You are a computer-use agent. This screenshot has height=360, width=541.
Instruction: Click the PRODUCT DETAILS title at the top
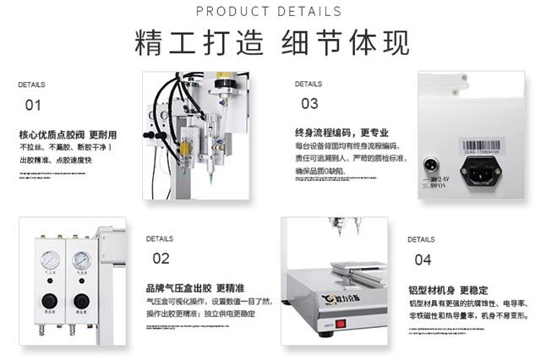270,11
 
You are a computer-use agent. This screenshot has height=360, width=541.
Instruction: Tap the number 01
33,106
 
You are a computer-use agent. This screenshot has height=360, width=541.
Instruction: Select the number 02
161,259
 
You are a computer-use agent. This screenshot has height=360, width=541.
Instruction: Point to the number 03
309,103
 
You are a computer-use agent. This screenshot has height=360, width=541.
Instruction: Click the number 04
423,259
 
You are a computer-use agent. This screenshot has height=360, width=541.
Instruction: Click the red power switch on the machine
342,324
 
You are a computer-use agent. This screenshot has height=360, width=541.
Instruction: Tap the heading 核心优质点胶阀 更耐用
68,135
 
